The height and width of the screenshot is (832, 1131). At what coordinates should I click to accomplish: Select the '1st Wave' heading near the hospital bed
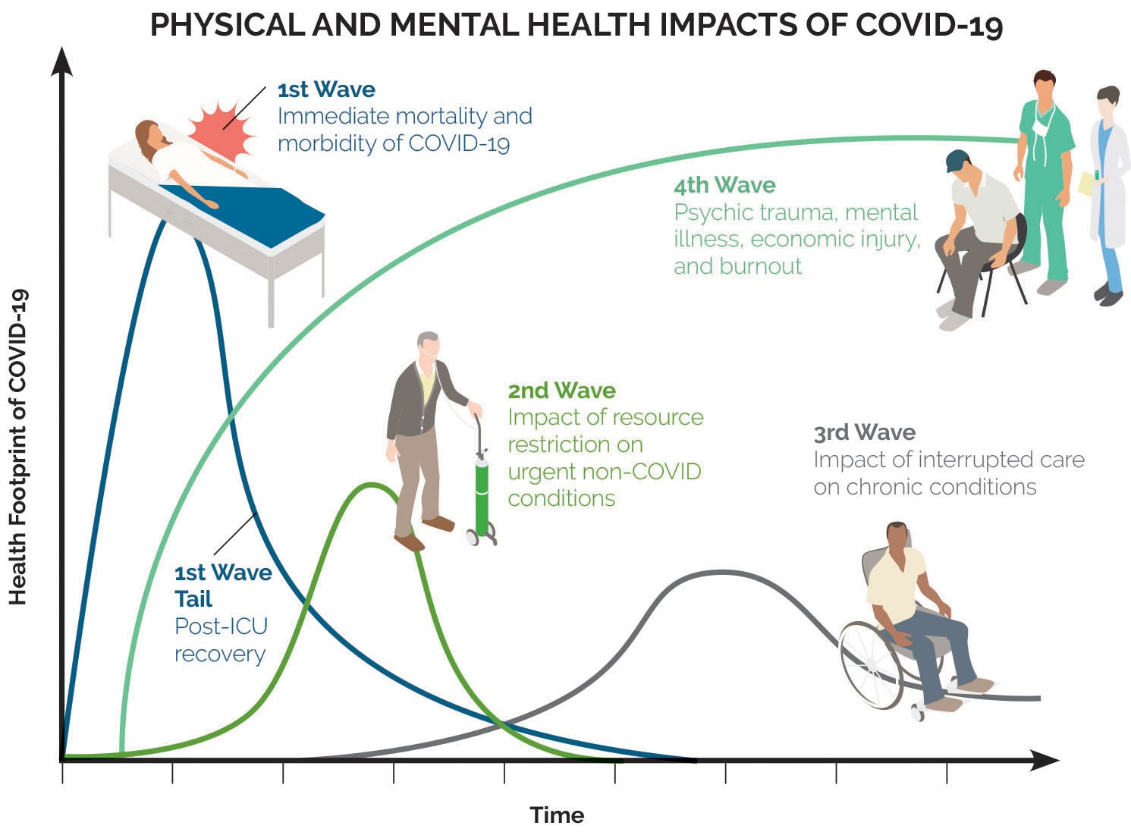click(326, 89)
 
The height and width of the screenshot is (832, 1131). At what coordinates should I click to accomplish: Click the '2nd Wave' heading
click(561, 391)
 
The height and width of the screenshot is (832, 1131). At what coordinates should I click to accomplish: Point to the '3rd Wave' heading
click(865, 432)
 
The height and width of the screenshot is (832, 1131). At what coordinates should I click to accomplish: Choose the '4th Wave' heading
click(724, 185)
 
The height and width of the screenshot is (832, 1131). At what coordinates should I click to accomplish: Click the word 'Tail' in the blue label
click(193, 598)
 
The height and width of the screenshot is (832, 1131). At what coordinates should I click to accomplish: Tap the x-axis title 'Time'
click(557, 815)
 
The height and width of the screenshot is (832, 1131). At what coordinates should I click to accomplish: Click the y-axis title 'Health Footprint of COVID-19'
click(17, 447)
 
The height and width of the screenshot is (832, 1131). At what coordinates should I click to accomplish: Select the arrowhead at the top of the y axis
click(61, 61)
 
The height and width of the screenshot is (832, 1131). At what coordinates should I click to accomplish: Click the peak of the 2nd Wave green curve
click(371, 485)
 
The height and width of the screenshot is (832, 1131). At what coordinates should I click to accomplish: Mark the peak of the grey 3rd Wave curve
click(723, 573)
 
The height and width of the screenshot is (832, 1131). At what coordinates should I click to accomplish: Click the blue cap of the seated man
click(957, 161)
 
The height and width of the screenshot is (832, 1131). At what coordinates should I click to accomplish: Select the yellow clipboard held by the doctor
click(1086, 184)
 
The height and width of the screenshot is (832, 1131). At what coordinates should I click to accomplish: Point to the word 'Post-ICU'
click(221, 626)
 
